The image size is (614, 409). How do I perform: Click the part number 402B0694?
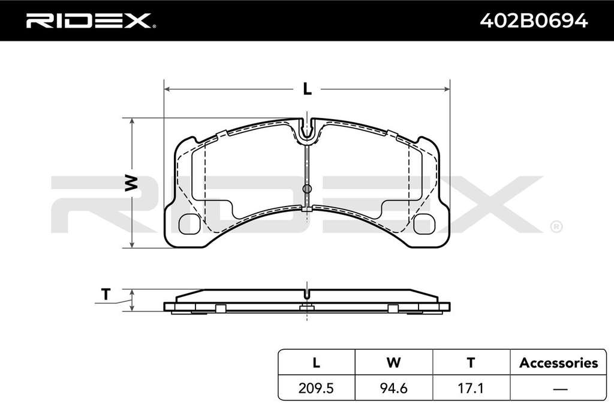pyautogui.click(x=534, y=20)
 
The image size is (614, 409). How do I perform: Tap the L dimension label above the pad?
pyautogui.click(x=308, y=89)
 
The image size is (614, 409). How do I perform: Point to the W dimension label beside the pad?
pyautogui.click(x=131, y=183)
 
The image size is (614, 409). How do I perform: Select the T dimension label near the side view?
pyautogui.click(x=106, y=294)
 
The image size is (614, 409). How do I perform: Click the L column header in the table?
pyautogui.click(x=316, y=362)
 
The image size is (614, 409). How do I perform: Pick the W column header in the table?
pyautogui.click(x=393, y=362)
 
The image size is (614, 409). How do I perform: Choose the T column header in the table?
pyautogui.click(x=471, y=362)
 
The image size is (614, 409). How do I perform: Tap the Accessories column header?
pyautogui.click(x=558, y=363)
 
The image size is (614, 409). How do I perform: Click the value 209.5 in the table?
pyautogui.click(x=316, y=388)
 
